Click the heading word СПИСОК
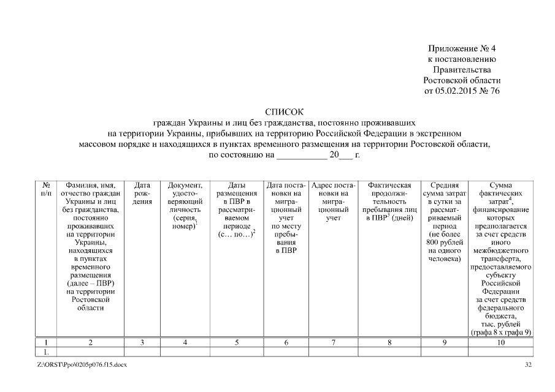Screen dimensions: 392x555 coord(284,112)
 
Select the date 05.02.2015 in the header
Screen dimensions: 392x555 coord(457,91)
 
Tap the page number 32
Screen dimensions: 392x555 coord(529,366)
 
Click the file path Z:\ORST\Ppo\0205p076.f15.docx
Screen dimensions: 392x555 coord(82,366)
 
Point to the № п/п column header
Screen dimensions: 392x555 coord(47,189)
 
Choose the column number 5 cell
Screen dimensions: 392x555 coord(237,343)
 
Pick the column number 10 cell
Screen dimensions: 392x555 coord(501,343)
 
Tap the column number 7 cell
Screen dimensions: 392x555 coord(334,343)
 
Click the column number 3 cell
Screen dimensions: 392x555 coord(142,343)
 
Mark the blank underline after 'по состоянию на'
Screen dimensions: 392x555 coord(302,156)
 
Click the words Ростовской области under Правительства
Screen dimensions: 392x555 coord(462,81)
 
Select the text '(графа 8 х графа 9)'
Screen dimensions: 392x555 coord(501,332)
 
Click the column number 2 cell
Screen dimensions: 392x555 coord(90,343)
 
